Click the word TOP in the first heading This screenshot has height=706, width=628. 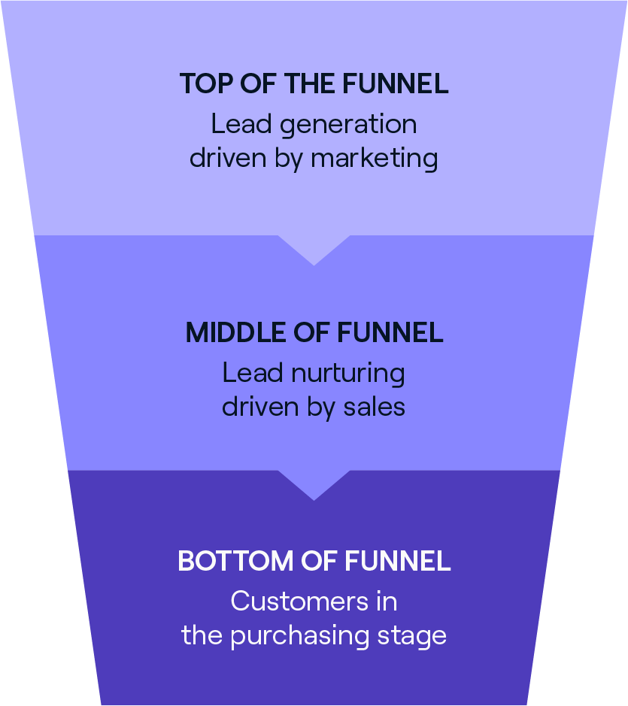tap(204, 83)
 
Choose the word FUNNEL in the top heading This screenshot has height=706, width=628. tap(396, 83)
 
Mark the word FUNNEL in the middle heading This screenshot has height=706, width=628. tap(391, 332)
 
